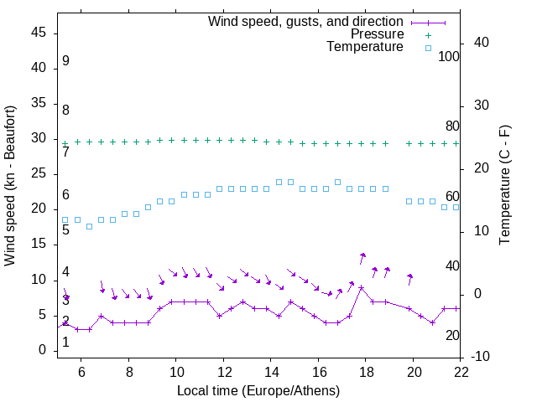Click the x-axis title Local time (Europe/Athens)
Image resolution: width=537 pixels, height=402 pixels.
pyautogui.click(x=258, y=391)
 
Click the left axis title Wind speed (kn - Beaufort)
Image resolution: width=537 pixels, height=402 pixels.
pyautogui.click(x=10, y=186)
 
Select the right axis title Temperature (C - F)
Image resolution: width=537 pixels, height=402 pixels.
pyautogui.click(x=504, y=186)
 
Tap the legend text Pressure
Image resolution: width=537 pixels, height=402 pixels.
pyautogui.click(x=377, y=34)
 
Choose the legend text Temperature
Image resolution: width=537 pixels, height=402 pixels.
pyautogui.click(x=365, y=47)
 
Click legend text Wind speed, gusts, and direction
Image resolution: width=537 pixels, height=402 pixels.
pyautogui.click(x=305, y=21)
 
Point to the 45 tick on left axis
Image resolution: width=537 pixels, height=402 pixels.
pyautogui.click(x=39, y=33)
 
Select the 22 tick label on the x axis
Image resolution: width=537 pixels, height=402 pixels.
pyautogui.click(x=461, y=371)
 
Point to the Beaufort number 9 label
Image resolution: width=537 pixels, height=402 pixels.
pyautogui.click(x=65, y=61)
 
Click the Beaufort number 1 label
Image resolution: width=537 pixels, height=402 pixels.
pyautogui.click(x=65, y=343)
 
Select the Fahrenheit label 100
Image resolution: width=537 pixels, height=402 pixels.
pyautogui.click(x=449, y=56)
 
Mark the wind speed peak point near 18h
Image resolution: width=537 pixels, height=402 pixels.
pyautogui.click(x=361, y=287)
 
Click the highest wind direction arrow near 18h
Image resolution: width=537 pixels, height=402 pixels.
pyautogui.click(x=362, y=257)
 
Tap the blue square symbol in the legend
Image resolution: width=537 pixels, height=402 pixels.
pyautogui.click(x=428, y=48)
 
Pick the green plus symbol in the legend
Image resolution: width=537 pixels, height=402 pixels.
pyautogui.click(x=428, y=34)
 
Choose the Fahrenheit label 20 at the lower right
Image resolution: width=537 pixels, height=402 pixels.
pyautogui.click(x=452, y=335)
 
